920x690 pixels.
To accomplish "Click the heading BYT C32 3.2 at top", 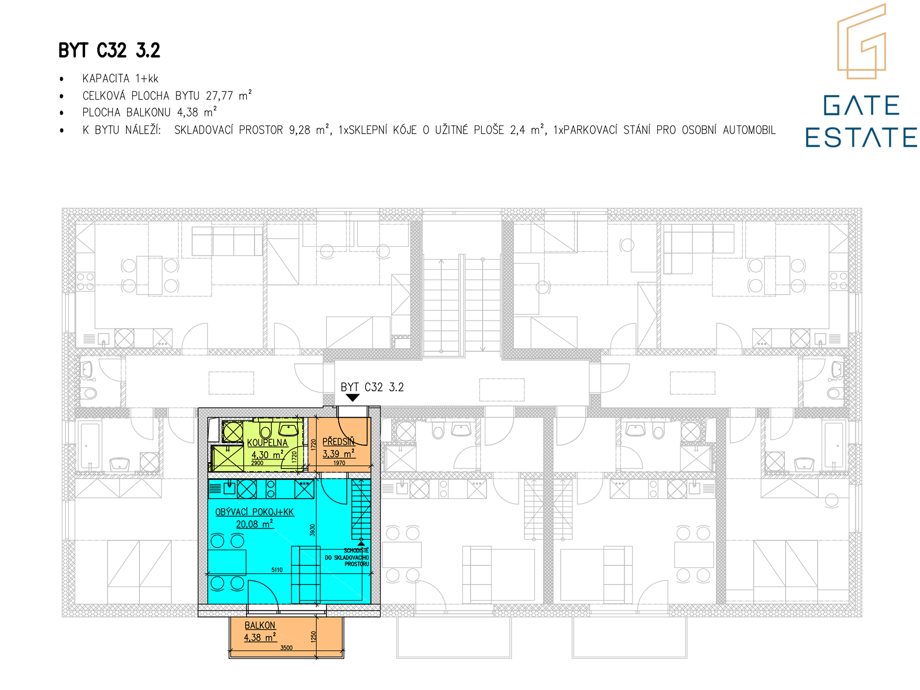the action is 109,50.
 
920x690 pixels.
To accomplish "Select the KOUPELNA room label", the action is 267,443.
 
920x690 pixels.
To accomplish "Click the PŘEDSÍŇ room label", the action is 338,441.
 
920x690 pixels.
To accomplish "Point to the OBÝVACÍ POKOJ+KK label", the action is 254,512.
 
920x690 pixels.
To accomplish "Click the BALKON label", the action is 260,625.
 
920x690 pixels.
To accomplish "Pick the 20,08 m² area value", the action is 254,524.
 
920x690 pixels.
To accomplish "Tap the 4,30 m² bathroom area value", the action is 267,455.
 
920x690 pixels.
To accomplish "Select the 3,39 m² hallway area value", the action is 338,453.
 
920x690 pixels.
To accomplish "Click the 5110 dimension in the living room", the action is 277,570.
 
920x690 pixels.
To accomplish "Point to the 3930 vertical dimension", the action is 312,530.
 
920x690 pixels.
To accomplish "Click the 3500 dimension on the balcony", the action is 286,647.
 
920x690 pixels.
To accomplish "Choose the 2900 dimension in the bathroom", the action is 258,463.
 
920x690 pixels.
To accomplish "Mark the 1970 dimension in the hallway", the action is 339,463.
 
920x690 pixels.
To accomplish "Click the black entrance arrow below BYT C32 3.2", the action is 352,398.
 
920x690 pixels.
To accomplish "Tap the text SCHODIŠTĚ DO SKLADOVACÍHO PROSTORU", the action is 347,557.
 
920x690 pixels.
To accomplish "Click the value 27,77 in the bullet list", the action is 219,96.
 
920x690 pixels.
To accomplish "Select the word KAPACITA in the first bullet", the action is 106,78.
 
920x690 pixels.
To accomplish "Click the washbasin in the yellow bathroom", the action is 289,430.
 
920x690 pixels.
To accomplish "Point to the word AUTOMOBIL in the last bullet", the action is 749,130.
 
